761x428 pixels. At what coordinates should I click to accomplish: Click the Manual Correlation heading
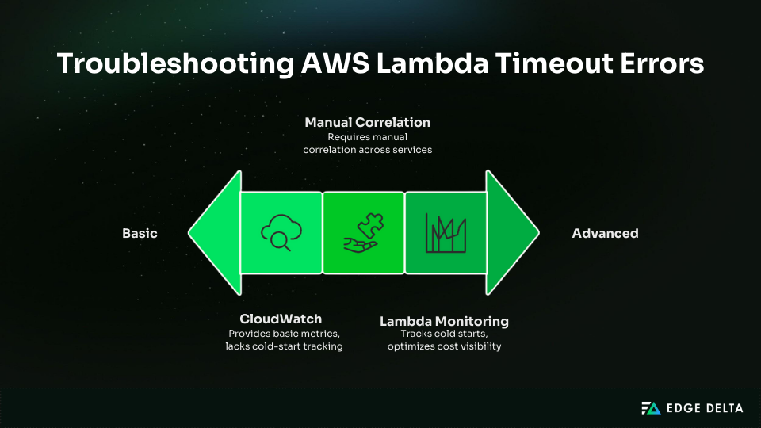pos(367,123)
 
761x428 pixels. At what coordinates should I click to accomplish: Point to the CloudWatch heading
pos(281,319)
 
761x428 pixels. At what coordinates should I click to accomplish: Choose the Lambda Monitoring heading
pos(444,321)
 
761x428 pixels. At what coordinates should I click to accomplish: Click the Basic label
pos(140,233)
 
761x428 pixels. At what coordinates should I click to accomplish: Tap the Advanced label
pos(605,233)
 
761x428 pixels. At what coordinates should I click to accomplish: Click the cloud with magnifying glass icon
pos(281,233)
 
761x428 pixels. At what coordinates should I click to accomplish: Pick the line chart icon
pos(446,233)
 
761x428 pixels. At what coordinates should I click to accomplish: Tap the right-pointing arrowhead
pos(512,233)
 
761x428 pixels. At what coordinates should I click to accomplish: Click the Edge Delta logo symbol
pos(651,408)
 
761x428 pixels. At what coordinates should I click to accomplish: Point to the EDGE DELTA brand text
pos(704,408)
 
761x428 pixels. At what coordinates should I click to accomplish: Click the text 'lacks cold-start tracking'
pos(284,346)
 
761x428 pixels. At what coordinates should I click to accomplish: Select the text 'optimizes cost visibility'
pos(444,346)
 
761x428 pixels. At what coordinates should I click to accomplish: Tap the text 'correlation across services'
pos(367,150)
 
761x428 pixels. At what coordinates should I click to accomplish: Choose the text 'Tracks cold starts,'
pos(444,334)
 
